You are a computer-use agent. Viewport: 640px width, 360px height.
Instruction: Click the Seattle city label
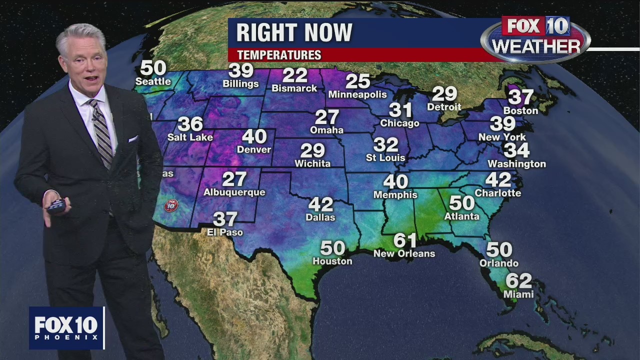[153, 81]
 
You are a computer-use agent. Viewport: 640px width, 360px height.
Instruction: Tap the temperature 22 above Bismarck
[294, 75]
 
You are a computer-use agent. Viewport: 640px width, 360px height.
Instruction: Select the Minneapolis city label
[357, 94]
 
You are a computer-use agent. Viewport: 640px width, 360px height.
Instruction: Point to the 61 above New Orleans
[405, 241]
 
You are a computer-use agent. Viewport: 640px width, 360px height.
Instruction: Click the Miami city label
[518, 294]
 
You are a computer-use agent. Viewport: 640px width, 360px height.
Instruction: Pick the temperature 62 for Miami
[518, 281]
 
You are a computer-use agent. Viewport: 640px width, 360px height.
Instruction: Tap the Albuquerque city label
[234, 192]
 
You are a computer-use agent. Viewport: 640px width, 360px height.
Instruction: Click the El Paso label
[225, 232]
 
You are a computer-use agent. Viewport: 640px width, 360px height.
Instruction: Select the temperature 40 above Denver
[254, 136]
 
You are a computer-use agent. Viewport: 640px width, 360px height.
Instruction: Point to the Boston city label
[520, 110]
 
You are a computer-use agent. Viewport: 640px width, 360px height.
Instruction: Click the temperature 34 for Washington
[516, 150]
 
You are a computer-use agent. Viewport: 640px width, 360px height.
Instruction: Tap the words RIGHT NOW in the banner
[294, 33]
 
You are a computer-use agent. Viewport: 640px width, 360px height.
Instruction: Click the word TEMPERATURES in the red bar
[279, 55]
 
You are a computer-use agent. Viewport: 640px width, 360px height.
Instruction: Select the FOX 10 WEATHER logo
[535, 39]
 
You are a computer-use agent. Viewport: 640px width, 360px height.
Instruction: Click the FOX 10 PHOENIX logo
[66, 327]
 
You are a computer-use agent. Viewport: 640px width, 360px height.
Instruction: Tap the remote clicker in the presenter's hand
[56, 205]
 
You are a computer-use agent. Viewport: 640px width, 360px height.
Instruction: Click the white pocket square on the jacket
[132, 138]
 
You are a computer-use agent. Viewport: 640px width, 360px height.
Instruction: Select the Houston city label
[332, 261]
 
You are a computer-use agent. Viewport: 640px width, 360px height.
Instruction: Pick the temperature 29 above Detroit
[444, 93]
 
